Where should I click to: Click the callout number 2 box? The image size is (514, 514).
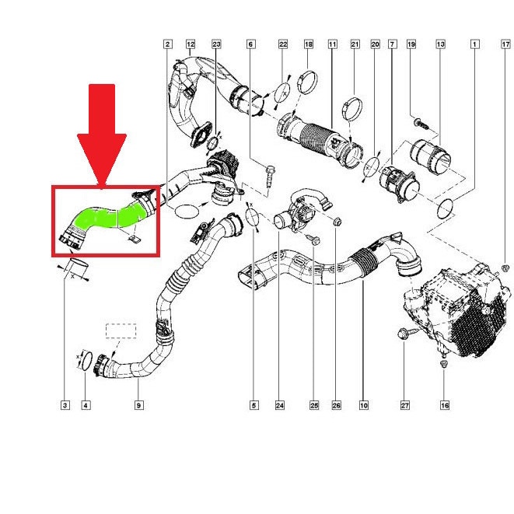(x=167, y=44)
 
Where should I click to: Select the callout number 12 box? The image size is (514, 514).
(x=191, y=44)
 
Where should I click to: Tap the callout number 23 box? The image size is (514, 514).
(x=216, y=44)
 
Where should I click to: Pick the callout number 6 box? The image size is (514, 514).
(x=250, y=44)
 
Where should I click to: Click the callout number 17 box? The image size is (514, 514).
(x=505, y=44)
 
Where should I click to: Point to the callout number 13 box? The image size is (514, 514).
(x=441, y=44)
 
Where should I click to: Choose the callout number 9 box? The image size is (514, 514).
(x=138, y=405)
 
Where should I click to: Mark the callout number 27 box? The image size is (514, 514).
(x=405, y=405)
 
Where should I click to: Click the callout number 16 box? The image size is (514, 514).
(x=445, y=405)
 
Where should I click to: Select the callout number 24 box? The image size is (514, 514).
(x=280, y=405)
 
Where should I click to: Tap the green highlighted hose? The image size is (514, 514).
(x=108, y=216)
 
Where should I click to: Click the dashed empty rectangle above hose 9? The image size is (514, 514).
(x=121, y=330)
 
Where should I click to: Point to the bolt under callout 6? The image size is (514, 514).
(x=270, y=176)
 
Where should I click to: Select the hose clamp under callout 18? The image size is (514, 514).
(x=307, y=82)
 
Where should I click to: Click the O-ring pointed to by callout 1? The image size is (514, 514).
(x=446, y=209)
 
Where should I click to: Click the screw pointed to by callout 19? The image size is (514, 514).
(x=421, y=124)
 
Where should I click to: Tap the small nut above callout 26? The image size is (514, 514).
(x=337, y=222)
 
